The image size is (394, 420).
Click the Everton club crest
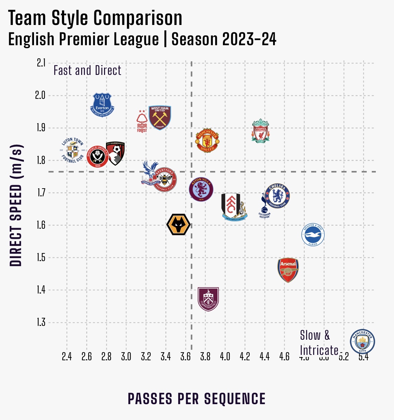[102, 105]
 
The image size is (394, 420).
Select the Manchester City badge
[362, 341]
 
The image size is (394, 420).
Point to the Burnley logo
[208, 299]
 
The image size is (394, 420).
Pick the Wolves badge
[178, 224]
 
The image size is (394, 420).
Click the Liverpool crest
[260, 131]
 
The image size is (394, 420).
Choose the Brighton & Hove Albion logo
[313, 235]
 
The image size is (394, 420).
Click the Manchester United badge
[207, 140]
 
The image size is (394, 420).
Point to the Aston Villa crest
[201, 190]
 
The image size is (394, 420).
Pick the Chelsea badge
[277, 196]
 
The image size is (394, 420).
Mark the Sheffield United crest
[97, 157]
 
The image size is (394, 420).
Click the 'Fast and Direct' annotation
[87, 71]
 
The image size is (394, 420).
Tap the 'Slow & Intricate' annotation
[319, 343]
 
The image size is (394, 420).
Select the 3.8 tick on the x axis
[205, 357]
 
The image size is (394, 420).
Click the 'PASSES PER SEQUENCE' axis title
[197, 399]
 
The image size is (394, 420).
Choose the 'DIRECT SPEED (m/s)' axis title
[16, 205]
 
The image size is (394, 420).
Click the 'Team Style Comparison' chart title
[95, 18]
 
